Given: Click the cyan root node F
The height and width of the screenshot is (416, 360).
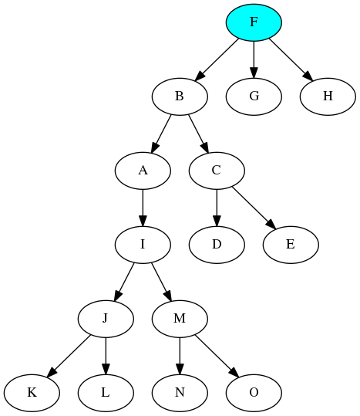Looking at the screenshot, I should pos(254,22).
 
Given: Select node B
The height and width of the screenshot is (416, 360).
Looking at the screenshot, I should pos(180,96).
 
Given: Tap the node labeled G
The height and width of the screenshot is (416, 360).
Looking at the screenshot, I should pos(254,96).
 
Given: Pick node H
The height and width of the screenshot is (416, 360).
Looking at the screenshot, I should pos(328,96).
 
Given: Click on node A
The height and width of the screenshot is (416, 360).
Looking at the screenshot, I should pos(143,171).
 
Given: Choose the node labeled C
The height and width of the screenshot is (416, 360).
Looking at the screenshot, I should pos(217,171).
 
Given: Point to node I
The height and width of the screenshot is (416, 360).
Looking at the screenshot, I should pos(143,245).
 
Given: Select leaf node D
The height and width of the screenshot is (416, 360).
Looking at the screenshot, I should pos(217,245).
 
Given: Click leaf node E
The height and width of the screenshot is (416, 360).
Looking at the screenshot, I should pos(291,245).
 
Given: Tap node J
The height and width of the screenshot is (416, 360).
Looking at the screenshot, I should pos(106,319).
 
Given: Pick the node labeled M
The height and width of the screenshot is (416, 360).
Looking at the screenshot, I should pos(180,319).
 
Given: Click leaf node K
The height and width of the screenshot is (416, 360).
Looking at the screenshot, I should pos(32,393).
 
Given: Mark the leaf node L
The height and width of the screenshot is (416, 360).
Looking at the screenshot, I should pos(106,393).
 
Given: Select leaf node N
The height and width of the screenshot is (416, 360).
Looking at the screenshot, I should pos(180,393).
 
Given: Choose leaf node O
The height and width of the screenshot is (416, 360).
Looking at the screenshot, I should pos(254,393).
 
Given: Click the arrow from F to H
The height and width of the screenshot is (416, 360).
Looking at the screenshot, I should pos(291,59).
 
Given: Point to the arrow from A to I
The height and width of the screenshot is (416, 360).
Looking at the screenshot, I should pos(143,208).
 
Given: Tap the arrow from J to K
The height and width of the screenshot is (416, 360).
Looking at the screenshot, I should pos(69,356).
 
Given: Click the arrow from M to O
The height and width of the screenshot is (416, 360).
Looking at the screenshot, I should pos(217,356).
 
